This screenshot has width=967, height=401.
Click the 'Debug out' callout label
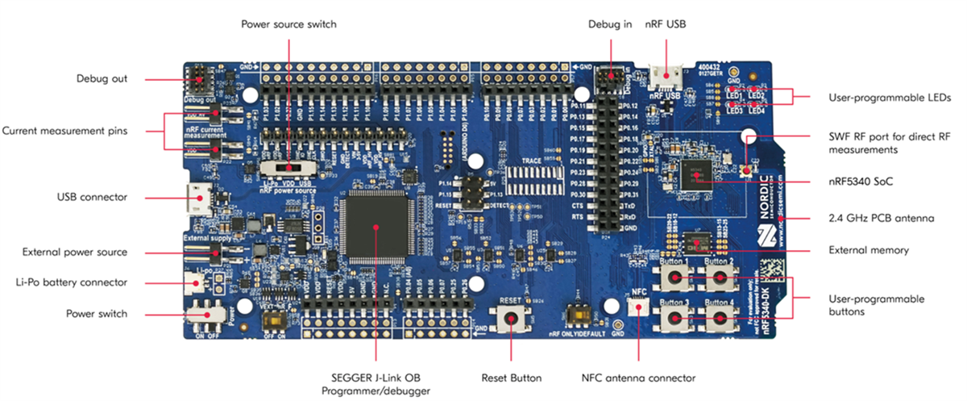coord(102,79)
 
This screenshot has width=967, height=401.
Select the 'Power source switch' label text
coord(288,24)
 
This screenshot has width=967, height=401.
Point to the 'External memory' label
coord(869,250)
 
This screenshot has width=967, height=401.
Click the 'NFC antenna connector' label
coord(638,378)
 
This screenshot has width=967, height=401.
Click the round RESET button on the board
coord(511,320)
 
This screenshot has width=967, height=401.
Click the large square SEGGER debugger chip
coord(376,225)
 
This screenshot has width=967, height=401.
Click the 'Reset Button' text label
coord(511,378)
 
